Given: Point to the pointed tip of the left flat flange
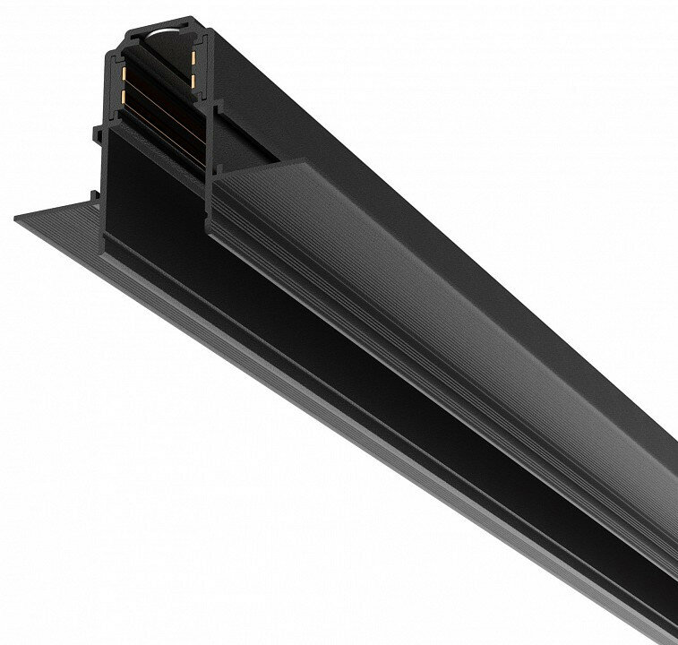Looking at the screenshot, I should [x=16, y=218].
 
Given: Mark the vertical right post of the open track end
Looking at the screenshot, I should [x=202, y=99].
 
